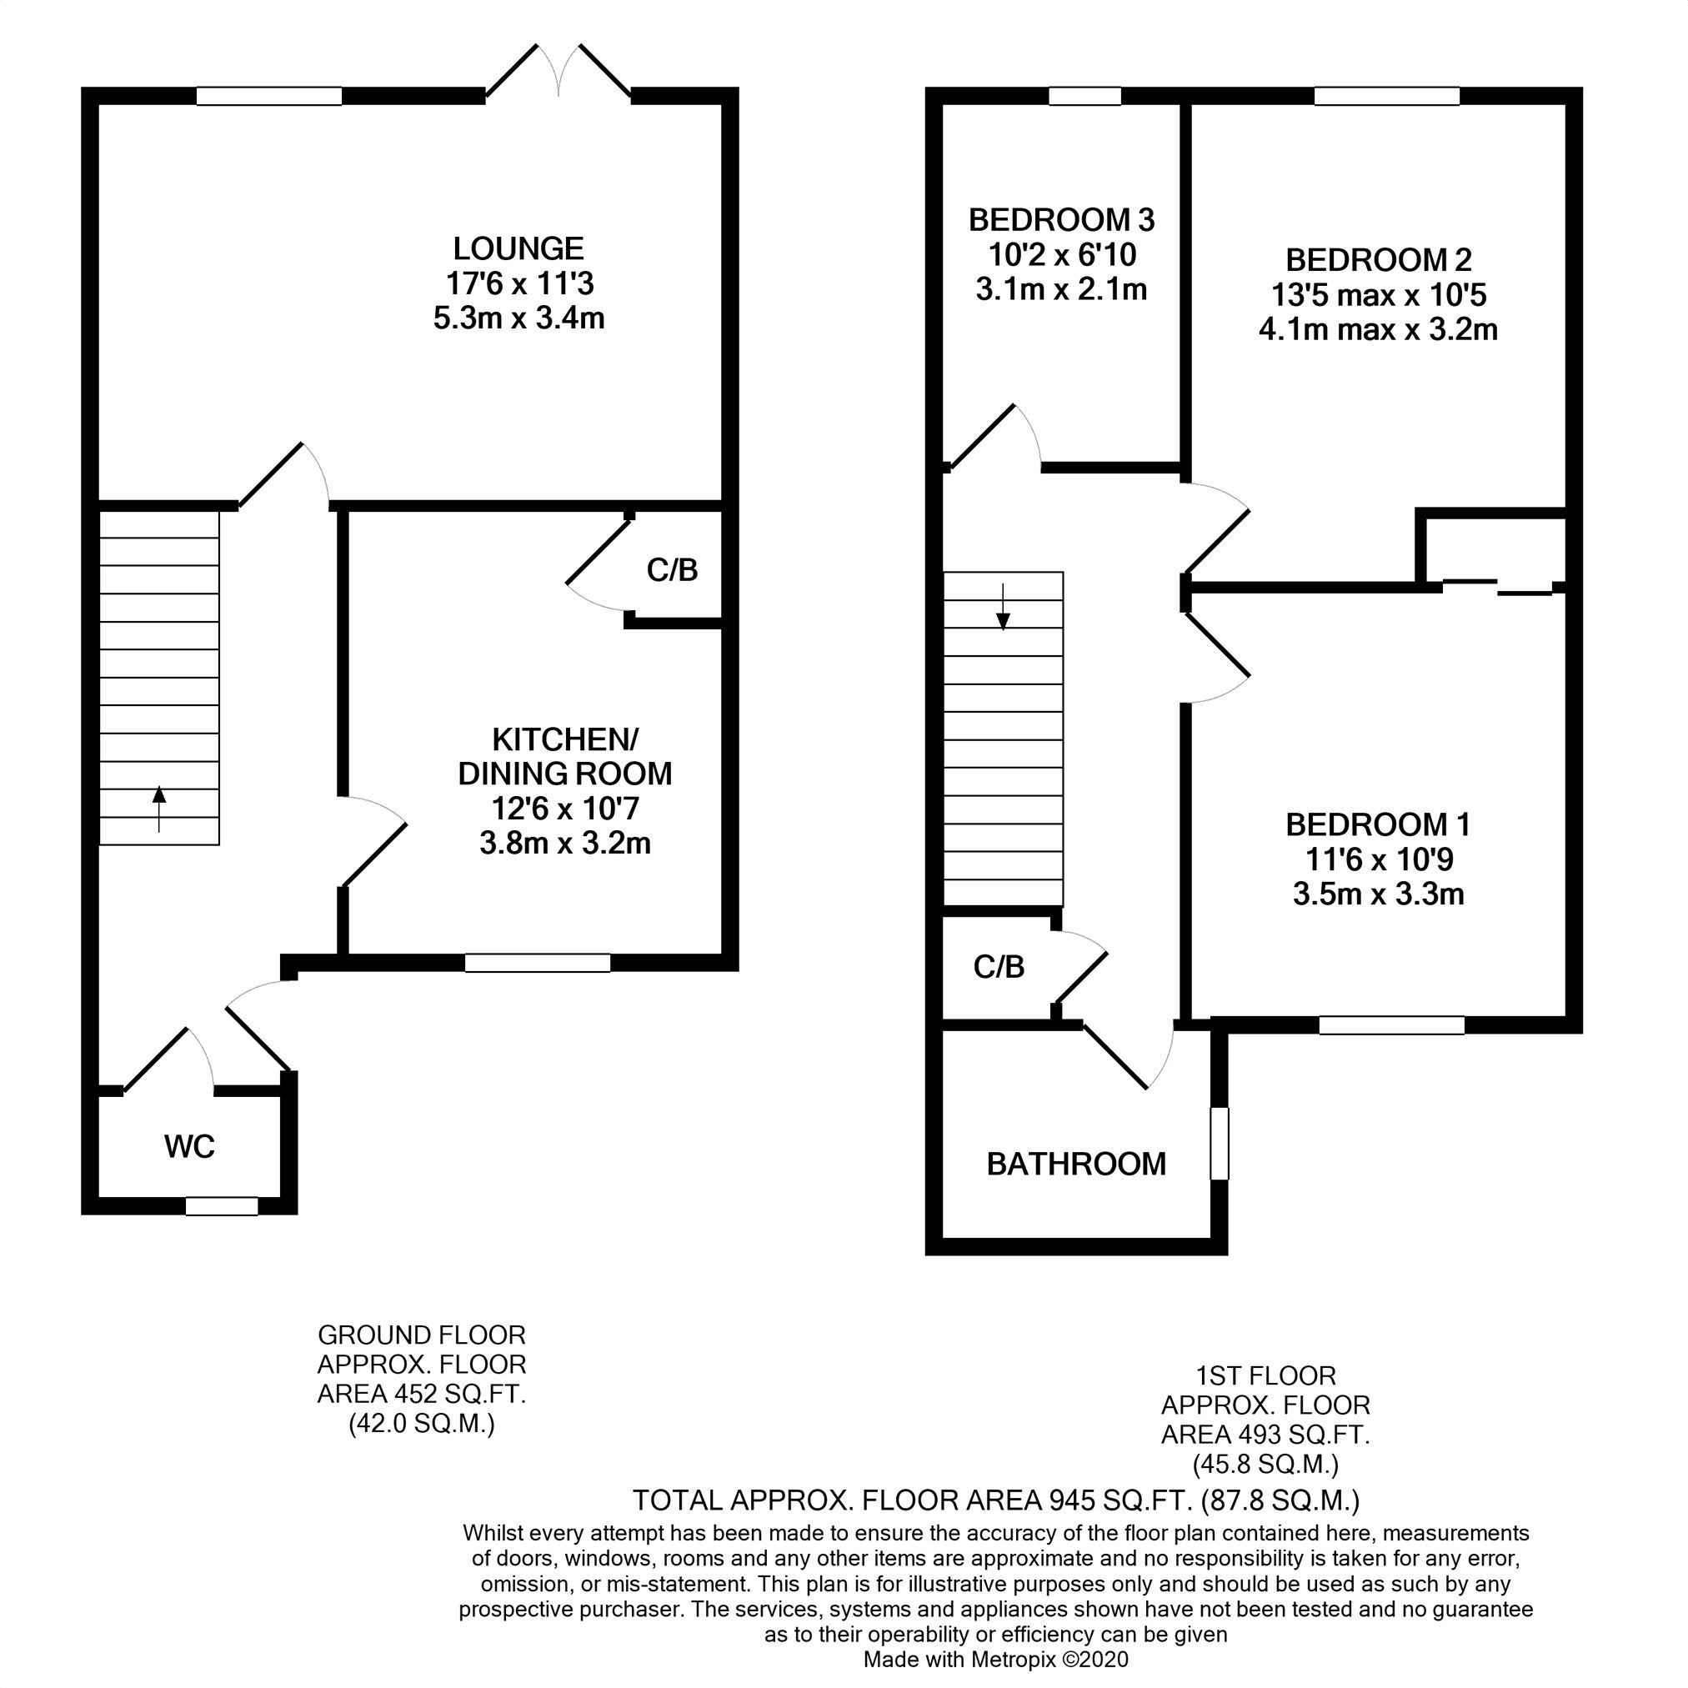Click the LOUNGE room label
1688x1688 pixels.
tap(518, 249)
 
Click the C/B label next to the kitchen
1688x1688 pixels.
tap(672, 570)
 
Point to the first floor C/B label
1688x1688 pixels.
tap(999, 967)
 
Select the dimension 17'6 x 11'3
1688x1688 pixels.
tap(520, 284)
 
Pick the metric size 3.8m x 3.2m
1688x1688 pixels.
tap(565, 844)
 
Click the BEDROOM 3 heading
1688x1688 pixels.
tap(1061, 219)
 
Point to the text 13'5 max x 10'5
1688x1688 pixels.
tap(1379, 295)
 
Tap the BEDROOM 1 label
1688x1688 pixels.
tap(1379, 824)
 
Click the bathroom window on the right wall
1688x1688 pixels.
tap(1220, 1144)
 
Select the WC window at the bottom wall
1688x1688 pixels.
tap(222, 1206)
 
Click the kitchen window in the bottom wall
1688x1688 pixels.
tap(538, 963)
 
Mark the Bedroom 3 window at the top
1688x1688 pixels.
tap(1084, 96)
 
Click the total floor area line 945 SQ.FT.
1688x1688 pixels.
tap(996, 1501)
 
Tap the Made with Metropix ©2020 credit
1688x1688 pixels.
tap(996, 1660)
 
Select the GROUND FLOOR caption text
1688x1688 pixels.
tap(421, 1335)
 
